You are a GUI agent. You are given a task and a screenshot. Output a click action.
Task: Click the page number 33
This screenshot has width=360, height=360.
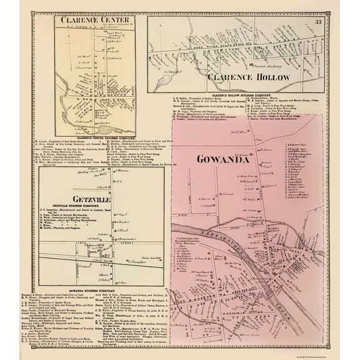pyautogui.click(x=318, y=24)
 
